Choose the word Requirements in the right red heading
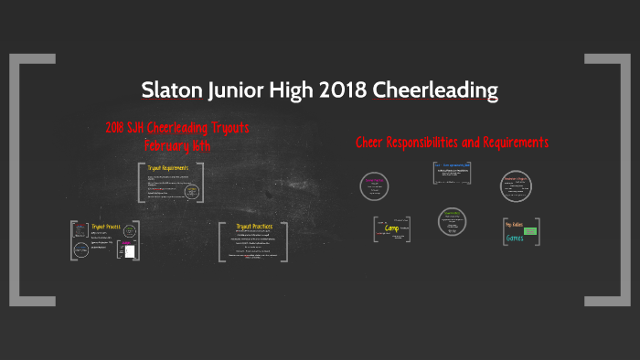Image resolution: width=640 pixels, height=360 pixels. pos(515,143)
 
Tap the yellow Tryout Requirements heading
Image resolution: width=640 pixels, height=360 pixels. pos(168,168)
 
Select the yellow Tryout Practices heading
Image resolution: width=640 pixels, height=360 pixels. pos(255,226)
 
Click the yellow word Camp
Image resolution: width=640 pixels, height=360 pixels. pos(391,228)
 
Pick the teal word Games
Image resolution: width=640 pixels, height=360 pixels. pos(516,238)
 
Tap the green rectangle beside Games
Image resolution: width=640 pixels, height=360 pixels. pos(530,232)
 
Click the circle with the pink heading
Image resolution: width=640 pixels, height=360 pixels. pos(375,185)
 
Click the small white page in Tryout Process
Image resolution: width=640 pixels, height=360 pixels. pos(131,249)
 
